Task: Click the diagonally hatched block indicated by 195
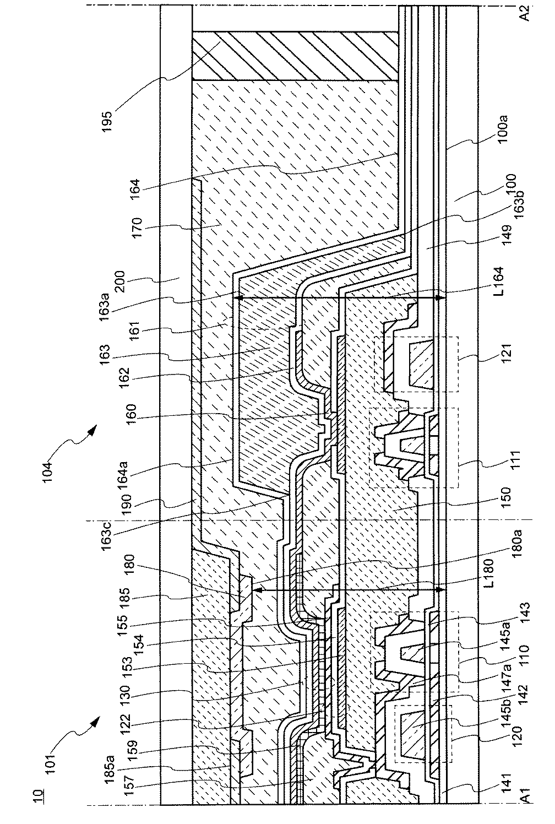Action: (295, 56)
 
